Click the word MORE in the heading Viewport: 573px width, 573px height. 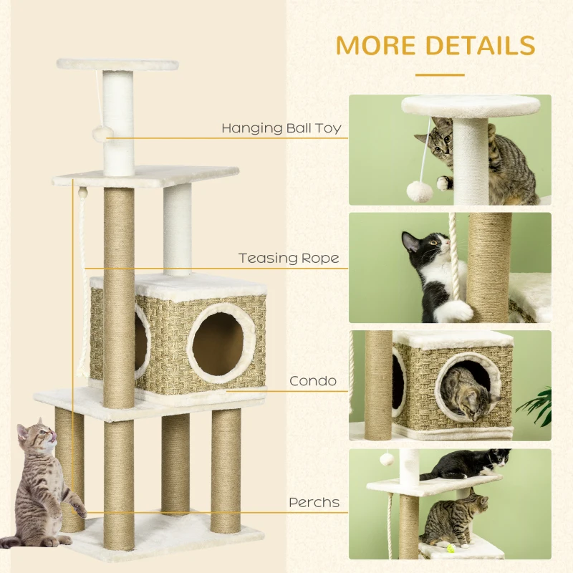(377, 44)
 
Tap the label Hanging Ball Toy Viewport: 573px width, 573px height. (281, 129)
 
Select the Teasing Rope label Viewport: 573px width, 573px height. (289, 258)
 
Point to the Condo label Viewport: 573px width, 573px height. (313, 381)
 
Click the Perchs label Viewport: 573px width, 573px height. (314, 503)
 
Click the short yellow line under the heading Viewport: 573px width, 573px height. (440, 73)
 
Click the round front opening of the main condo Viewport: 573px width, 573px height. (217, 342)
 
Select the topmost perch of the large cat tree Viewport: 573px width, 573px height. (117, 64)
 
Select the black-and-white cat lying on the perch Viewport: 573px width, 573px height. (466, 464)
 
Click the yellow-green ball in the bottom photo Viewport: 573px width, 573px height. (451, 550)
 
